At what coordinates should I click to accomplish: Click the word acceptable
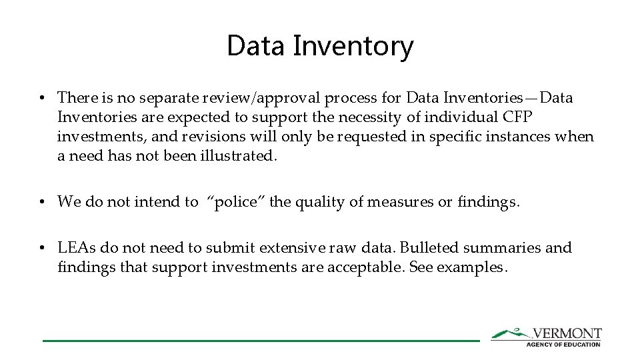pos(371,267)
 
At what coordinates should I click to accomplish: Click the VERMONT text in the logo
pos(567,333)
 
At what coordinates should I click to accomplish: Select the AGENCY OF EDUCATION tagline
pos(563,344)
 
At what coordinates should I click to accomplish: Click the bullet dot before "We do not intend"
pos(42,202)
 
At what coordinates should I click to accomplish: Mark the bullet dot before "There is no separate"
pos(42,99)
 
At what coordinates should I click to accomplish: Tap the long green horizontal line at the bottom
pos(261,341)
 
